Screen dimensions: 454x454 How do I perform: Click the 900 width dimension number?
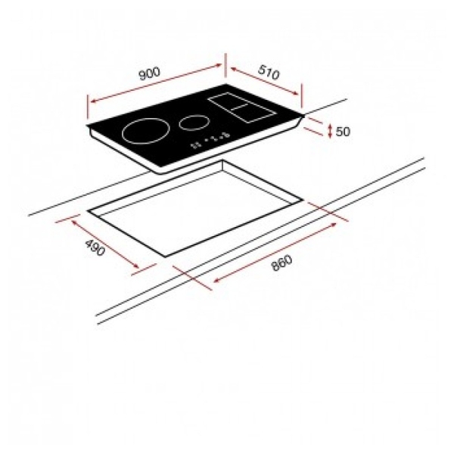click(x=150, y=73)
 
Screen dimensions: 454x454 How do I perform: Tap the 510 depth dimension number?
click(x=269, y=73)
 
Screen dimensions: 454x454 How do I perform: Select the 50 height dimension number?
click(x=343, y=132)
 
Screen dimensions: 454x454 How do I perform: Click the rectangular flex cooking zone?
click(x=241, y=109)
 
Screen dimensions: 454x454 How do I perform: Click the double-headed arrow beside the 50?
click(x=330, y=131)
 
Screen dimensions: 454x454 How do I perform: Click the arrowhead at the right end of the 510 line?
click(x=299, y=96)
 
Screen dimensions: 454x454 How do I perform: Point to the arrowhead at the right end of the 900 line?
click(x=221, y=67)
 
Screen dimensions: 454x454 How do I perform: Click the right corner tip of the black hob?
click(x=305, y=116)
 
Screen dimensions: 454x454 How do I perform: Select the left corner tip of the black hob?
click(x=88, y=126)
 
